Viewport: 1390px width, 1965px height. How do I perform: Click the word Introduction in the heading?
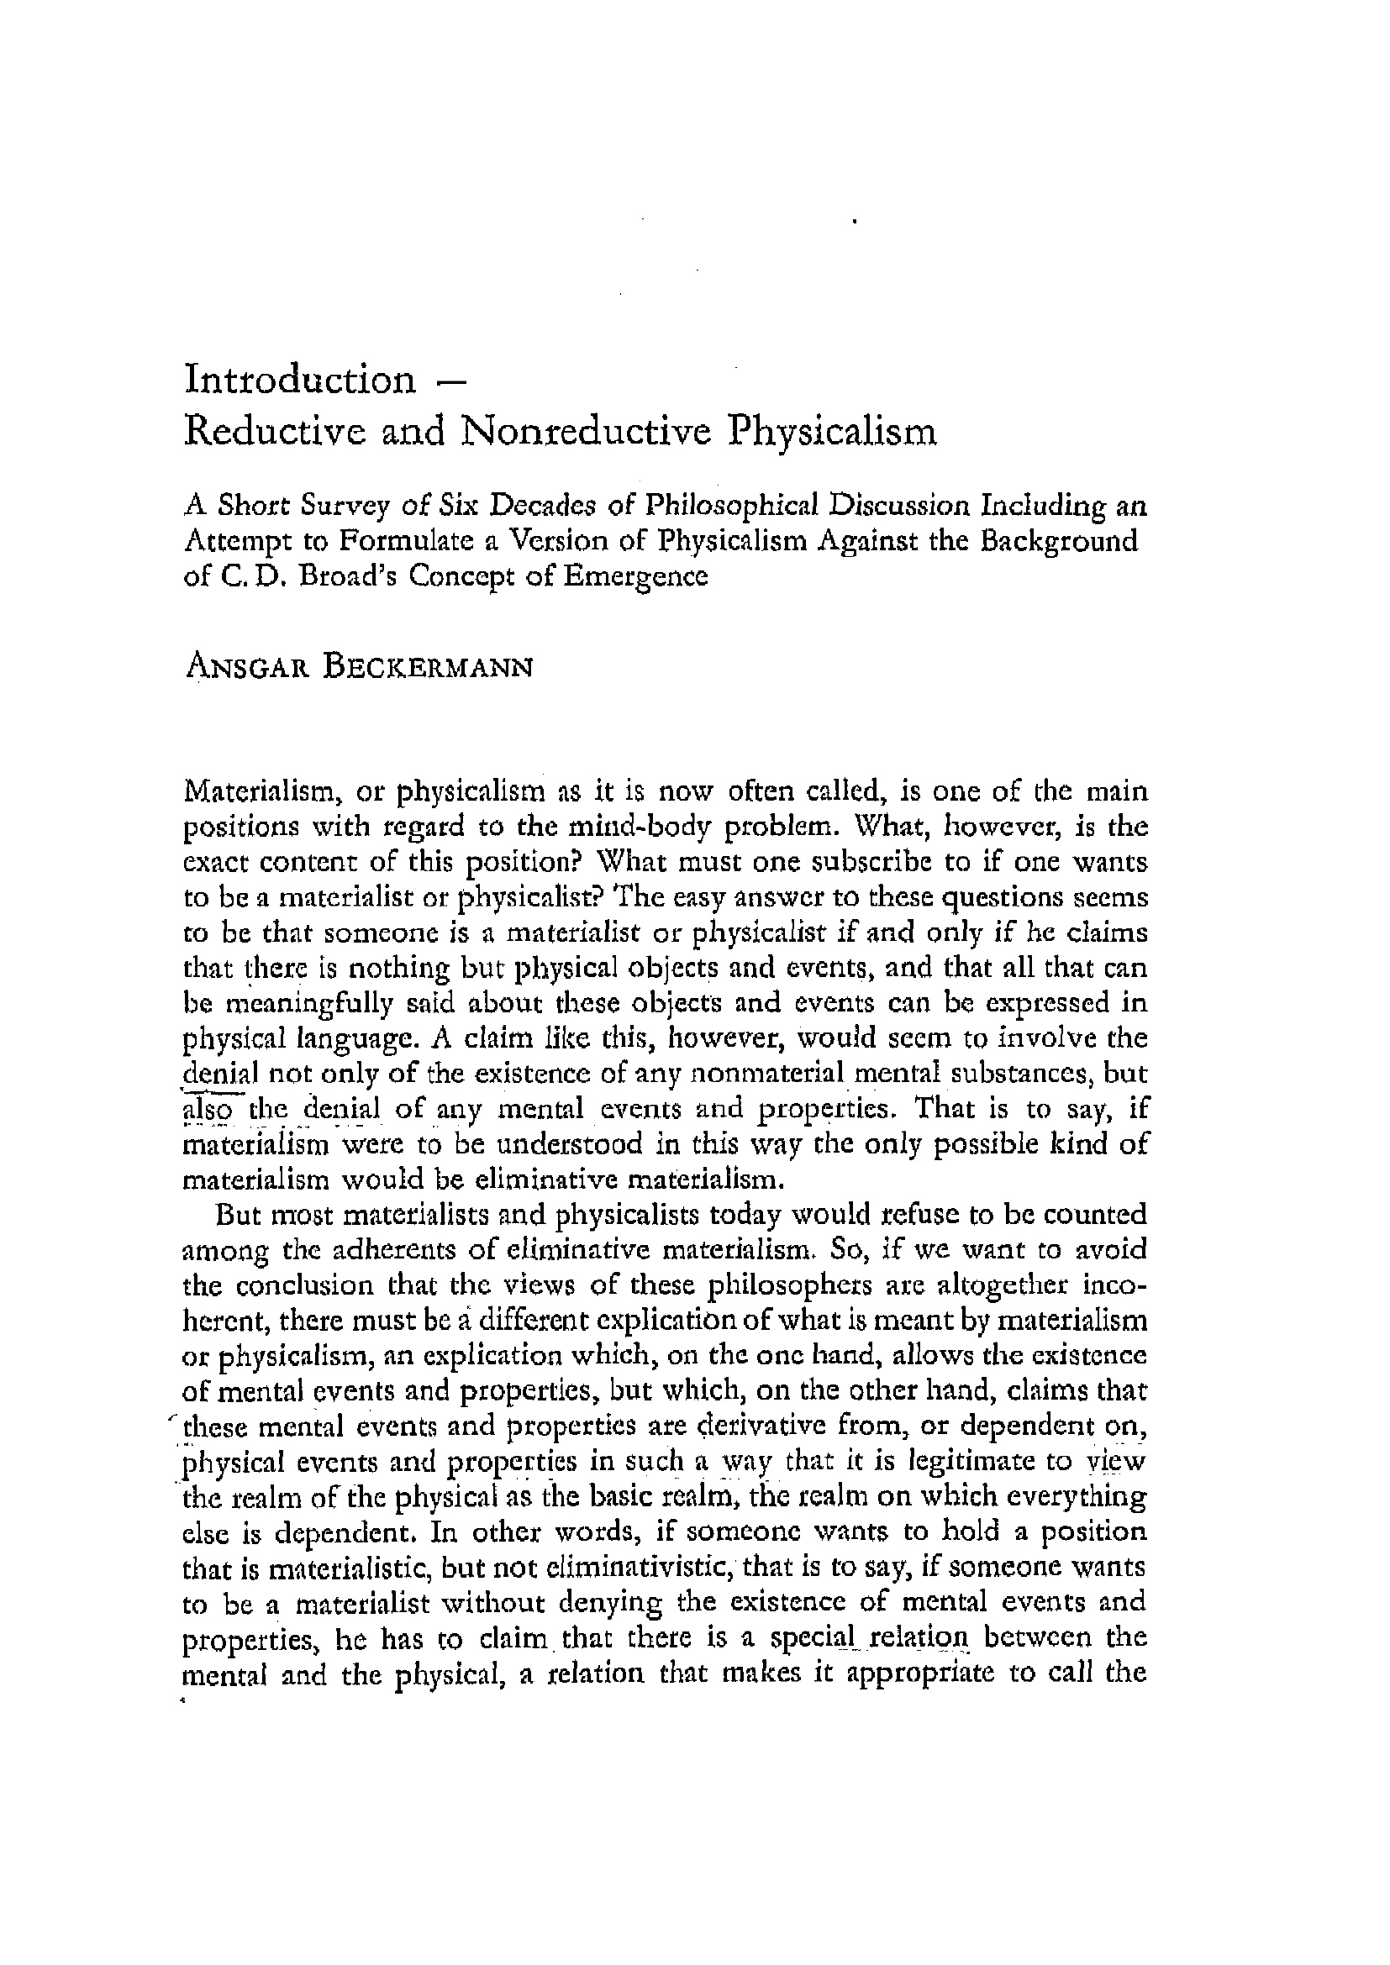click(x=299, y=379)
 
